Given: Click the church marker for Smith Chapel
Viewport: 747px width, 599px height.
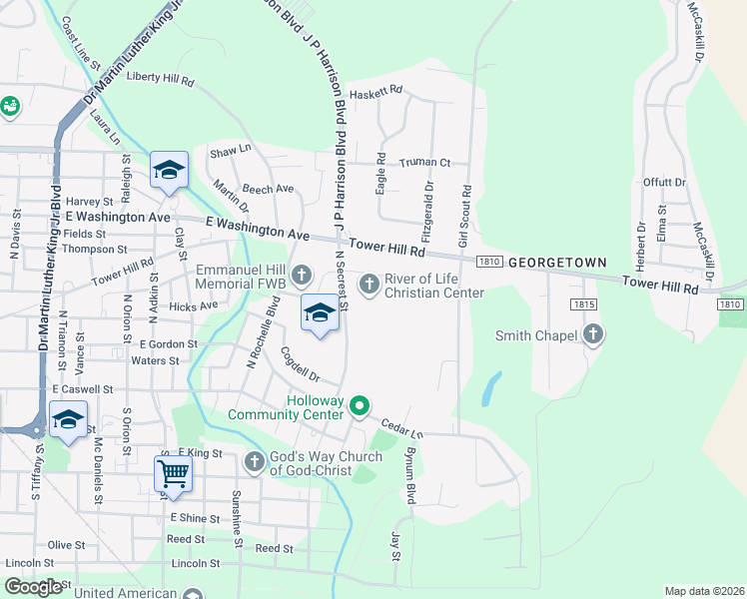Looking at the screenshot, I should click(x=593, y=335).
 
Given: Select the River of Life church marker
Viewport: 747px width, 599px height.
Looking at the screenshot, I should click(x=370, y=286).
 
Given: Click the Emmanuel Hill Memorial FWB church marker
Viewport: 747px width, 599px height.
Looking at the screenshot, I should click(x=302, y=274).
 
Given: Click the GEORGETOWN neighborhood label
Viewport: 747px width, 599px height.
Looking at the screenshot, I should click(x=557, y=262).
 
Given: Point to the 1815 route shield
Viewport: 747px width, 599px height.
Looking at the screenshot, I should click(x=584, y=303).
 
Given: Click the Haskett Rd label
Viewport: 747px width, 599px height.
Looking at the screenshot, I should click(x=382, y=90).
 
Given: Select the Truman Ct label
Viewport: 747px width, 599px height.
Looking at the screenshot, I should click(x=425, y=163).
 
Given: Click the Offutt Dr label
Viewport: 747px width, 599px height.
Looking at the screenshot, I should click(x=665, y=183).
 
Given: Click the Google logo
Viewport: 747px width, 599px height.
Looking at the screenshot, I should click(x=34, y=587).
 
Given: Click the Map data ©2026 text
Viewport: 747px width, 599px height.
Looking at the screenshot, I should click(x=703, y=591).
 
